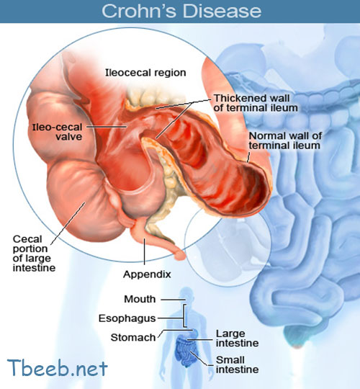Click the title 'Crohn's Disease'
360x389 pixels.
pos(181,11)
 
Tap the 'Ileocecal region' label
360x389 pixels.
pos(145,73)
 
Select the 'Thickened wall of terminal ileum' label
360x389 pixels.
pos(256,103)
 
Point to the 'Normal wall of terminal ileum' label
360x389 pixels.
pos(285,140)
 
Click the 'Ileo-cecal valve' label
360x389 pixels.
pos(58,132)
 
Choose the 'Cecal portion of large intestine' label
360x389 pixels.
pos(34,254)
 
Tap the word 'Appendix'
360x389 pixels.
pos(147,274)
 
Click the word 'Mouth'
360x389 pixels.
pos(140,299)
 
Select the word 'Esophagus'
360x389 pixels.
pos(127,318)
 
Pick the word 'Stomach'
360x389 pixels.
pos(133,338)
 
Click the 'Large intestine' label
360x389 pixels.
pos(238,339)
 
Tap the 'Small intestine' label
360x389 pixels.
pos(238,365)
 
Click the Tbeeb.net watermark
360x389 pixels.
pos(58,367)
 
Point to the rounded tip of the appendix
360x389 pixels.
pos(180,255)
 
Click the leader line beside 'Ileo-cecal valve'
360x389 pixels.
pos(107,127)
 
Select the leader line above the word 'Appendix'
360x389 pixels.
pos(144,251)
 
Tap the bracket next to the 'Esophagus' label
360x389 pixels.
pos(184,316)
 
